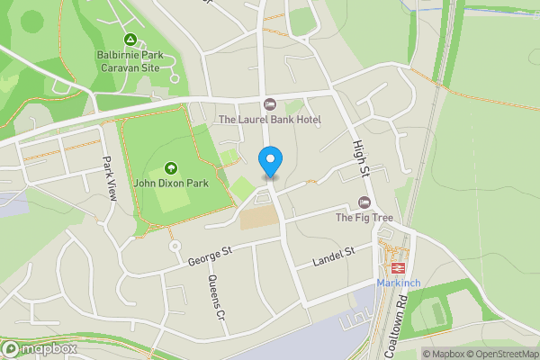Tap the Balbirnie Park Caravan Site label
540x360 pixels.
[x=130, y=61]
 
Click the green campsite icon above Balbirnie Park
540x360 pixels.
[x=130, y=40]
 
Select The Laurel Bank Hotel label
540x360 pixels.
[x=270, y=120]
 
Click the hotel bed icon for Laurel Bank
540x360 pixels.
[x=270, y=104]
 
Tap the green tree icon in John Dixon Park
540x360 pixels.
[x=172, y=167]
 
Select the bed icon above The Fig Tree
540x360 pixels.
[x=364, y=202]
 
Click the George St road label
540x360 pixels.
[x=211, y=256]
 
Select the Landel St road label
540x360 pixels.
[x=335, y=257]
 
